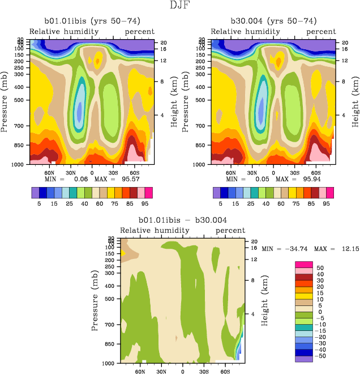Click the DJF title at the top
coord(179,6)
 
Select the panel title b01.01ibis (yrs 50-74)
coord(92,21)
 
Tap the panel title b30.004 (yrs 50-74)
coord(273,21)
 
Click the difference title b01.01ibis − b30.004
coord(183,220)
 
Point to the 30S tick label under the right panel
coord(294,172)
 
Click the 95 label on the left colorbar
coord(145,202)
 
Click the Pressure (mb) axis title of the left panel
coord(5,102)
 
